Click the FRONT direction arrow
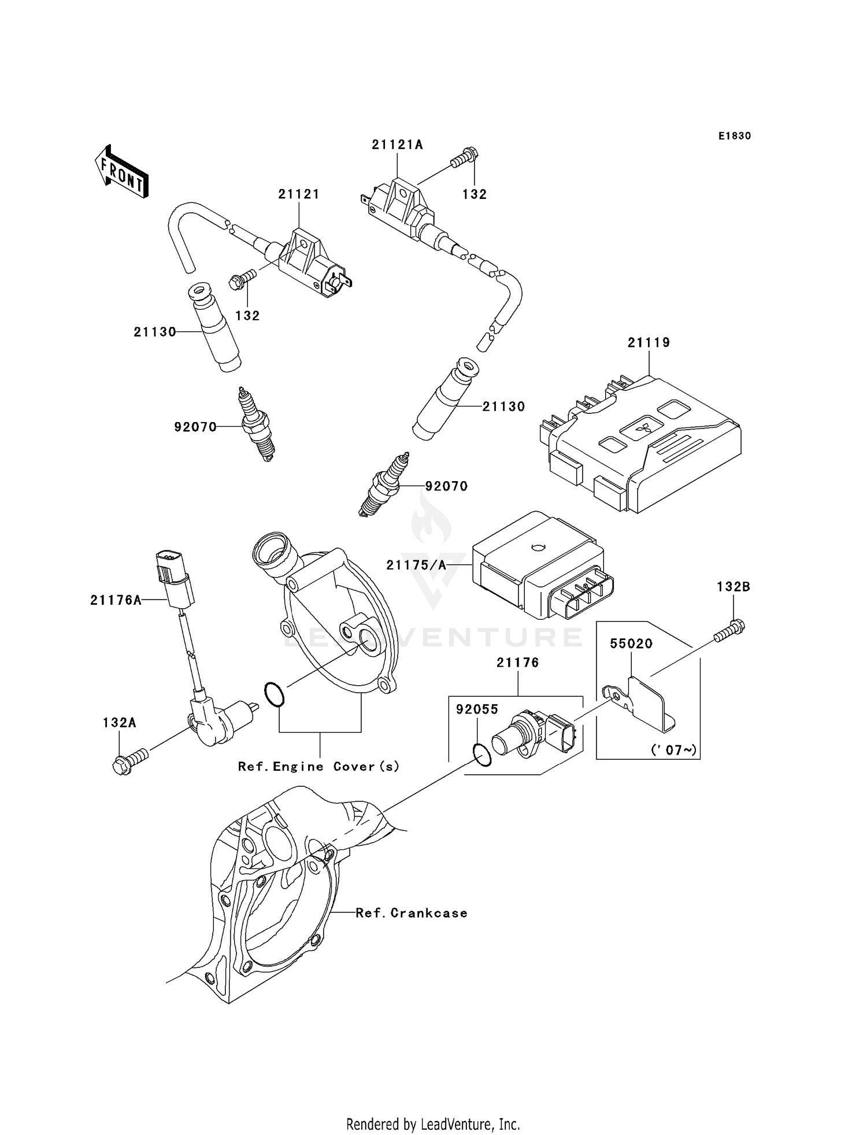pos(122,172)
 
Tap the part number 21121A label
pos(397,145)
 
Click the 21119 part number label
pos(649,342)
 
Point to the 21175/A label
pos(416,565)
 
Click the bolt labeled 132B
pos(730,633)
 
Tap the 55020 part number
pos(631,644)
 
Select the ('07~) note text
pos(674,750)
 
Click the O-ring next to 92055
pos(482,755)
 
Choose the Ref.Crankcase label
pos(411,913)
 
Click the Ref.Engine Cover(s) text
pos(318,767)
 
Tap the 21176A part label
pos(116,600)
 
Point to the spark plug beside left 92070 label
pos(256,424)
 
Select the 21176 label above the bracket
pos(517,663)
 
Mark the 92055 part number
pos(477,709)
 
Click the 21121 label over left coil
pos(299,194)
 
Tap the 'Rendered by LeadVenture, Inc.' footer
pos(433,1123)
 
